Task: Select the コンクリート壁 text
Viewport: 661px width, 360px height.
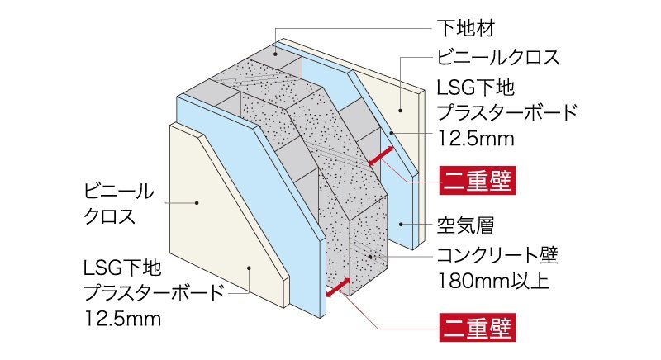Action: click(x=497, y=255)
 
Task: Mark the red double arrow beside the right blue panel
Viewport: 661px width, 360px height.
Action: click(x=381, y=154)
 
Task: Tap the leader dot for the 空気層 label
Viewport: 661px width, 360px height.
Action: click(x=402, y=224)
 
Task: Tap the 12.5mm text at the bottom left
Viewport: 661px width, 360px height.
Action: click(x=121, y=315)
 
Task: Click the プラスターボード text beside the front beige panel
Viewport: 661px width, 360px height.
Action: click(x=153, y=292)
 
